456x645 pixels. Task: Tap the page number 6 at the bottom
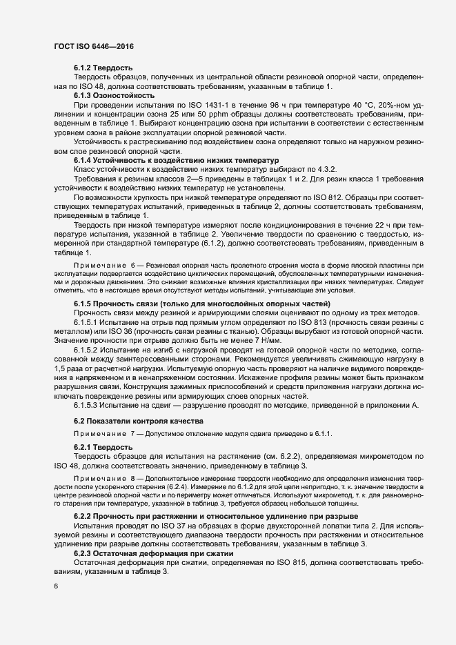point(56,587)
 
